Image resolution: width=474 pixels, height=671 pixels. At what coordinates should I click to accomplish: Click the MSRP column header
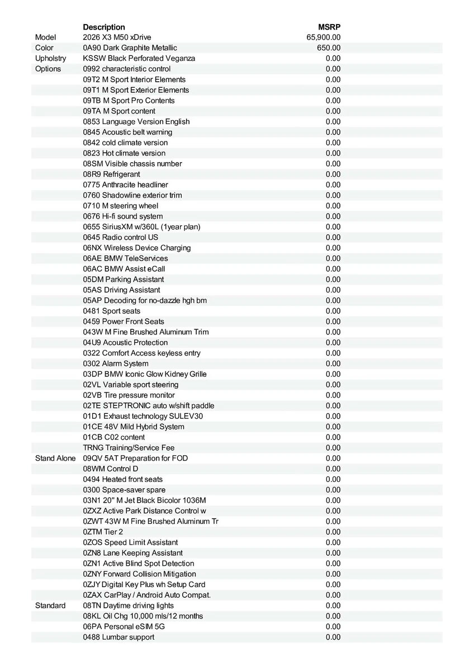point(329,27)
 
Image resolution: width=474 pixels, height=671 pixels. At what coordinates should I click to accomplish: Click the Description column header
point(104,27)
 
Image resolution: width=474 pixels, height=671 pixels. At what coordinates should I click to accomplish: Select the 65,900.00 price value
point(324,37)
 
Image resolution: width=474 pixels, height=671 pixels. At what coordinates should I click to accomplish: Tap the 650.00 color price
point(329,48)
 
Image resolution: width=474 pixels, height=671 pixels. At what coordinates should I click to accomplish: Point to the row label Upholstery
point(50,58)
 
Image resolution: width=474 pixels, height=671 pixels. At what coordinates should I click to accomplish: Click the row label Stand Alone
point(55,458)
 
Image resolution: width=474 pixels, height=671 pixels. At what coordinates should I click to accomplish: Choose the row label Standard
point(50,606)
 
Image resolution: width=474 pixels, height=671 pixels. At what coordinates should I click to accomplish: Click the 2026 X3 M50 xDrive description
point(117,37)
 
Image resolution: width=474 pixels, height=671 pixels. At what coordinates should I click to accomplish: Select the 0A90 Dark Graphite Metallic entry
point(130,48)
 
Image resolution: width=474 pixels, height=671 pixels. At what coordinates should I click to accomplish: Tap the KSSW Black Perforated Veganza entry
point(139,58)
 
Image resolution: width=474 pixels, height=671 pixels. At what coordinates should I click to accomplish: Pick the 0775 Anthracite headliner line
point(125,185)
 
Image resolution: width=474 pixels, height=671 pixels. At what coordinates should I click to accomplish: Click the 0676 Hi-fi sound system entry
point(123,216)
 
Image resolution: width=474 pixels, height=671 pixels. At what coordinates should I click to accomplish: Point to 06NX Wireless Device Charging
point(137,248)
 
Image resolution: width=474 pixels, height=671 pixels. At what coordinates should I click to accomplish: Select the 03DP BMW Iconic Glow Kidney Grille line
point(145,374)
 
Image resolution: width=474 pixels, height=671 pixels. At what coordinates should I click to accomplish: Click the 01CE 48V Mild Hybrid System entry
point(134,427)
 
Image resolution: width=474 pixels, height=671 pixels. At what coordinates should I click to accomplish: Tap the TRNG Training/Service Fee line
point(129,447)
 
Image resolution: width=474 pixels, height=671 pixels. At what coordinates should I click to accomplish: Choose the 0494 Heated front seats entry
point(123,479)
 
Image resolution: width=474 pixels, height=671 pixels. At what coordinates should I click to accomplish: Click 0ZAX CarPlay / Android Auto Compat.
point(147,595)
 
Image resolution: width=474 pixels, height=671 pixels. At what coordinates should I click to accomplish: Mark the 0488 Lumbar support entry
point(118,637)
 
